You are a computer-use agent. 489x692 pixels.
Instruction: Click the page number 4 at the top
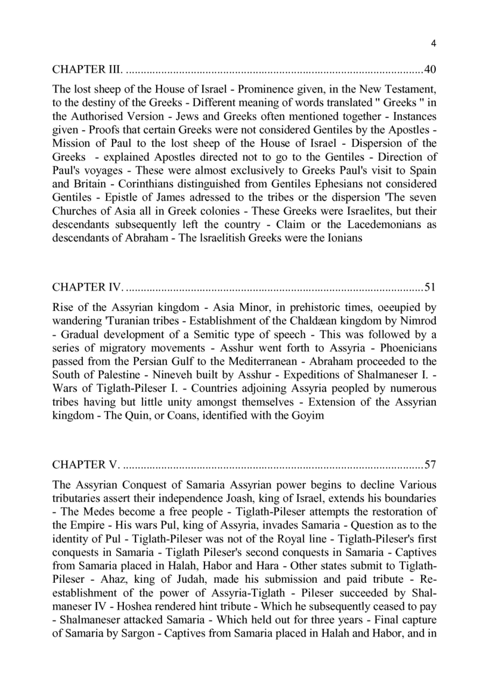click(434, 43)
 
